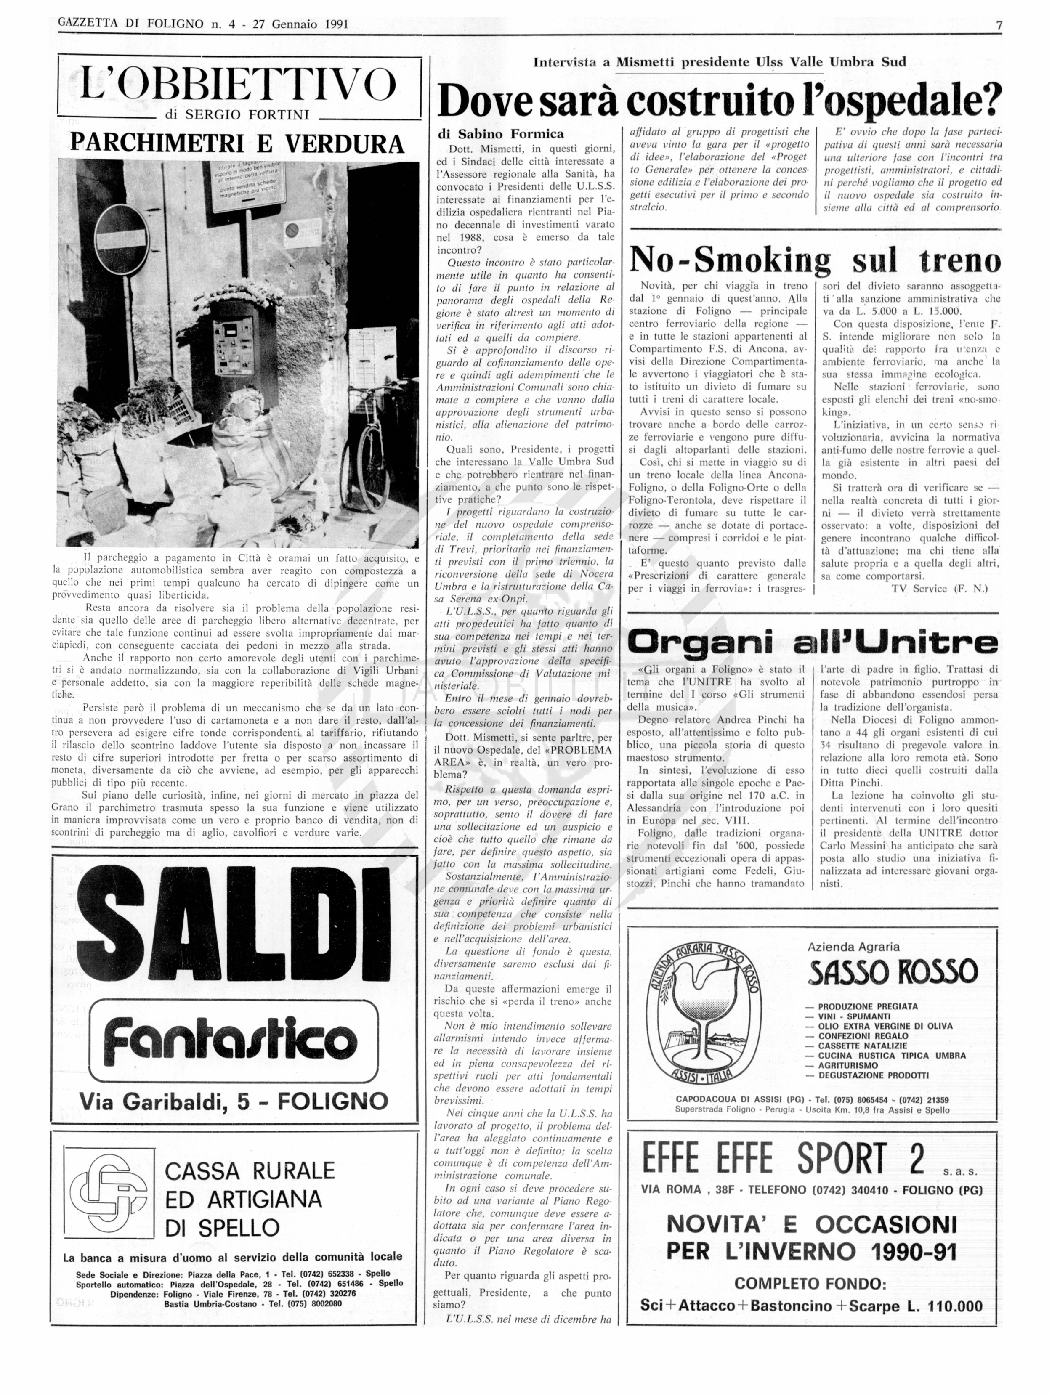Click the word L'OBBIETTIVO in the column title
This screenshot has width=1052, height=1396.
(239, 85)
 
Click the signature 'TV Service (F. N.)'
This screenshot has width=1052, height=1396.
(940, 589)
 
